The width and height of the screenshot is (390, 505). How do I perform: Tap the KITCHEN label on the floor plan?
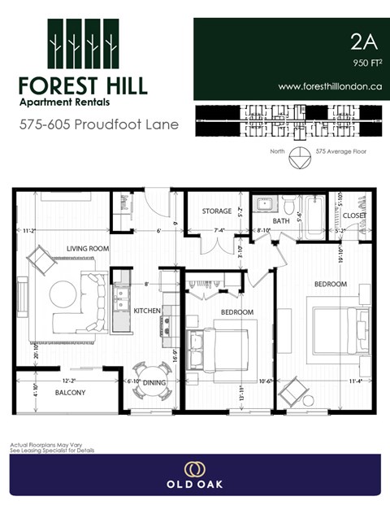tap(146, 311)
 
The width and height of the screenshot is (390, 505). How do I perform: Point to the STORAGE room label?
tap(217, 211)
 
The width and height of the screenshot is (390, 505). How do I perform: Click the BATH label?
tap(281, 220)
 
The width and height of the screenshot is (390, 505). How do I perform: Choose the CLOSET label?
tap(353, 215)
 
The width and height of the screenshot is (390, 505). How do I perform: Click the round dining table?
tap(153, 378)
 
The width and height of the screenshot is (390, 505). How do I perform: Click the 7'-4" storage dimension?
tap(218, 230)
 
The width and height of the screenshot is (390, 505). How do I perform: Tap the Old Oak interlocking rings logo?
tap(194, 469)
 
